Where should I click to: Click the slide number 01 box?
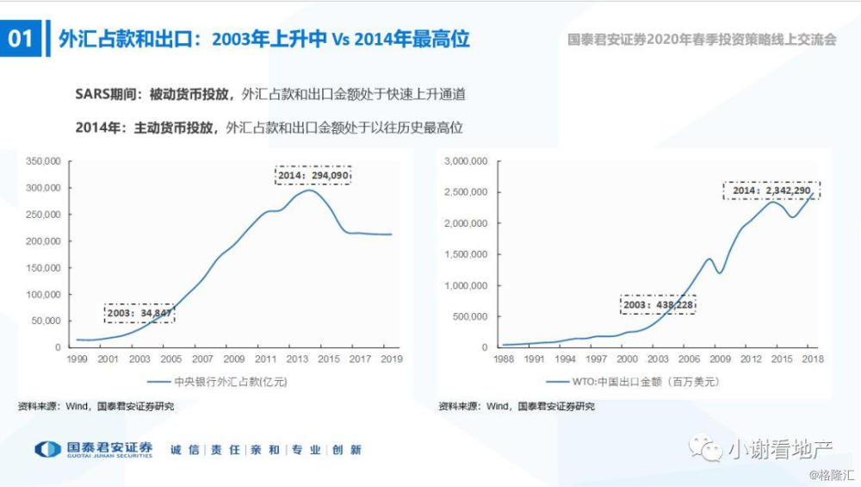tap(21, 39)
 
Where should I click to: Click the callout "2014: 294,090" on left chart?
tap(313, 175)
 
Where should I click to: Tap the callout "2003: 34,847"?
tap(139, 313)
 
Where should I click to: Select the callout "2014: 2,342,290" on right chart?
tap(771, 190)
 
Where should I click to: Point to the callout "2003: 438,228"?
tap(658, 305)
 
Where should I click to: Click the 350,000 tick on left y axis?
tap(42, 161)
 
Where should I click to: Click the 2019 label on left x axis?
tap(391, 359)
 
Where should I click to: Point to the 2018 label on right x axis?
tap(813, 359)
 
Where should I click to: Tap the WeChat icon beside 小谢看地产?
tap(710, 448)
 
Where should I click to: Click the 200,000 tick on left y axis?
tap(42, 240)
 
